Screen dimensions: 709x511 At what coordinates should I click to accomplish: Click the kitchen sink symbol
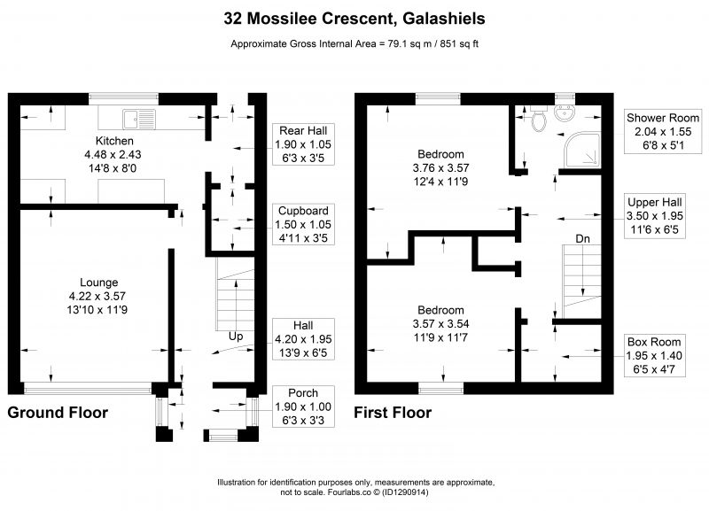coord(139,119)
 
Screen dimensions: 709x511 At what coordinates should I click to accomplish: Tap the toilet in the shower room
coord(538,118)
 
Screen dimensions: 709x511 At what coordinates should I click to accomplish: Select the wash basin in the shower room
coord(565,113)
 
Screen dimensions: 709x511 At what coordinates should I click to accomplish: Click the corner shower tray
coord(582,149)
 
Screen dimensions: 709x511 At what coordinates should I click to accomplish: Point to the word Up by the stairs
coord(236,337)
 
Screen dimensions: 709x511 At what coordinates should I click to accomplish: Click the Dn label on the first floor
coord(582,238)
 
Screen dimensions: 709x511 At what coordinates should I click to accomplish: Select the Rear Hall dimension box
coord(303,144)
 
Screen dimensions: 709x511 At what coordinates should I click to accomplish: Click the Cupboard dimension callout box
coord(303,224)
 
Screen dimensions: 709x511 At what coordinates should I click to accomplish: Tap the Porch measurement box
coord(303,406)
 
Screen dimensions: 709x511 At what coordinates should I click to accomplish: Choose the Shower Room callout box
coord(663,131)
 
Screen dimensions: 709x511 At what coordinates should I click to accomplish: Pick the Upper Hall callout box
coord(655,216)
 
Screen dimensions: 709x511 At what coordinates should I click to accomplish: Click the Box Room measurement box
coord(654,356)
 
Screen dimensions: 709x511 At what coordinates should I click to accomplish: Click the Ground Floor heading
coord(58,413)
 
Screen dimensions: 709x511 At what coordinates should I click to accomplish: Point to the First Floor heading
coord(393,413)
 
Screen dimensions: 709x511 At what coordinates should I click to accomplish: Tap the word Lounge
coord(99,283)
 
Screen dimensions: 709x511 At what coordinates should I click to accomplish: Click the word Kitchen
coord(114,141)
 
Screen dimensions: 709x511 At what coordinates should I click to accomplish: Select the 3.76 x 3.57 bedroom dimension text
coord(440,167)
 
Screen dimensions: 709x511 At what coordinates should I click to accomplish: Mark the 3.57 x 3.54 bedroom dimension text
coord(440,323)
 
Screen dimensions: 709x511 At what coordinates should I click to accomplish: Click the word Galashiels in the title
coord(444,19)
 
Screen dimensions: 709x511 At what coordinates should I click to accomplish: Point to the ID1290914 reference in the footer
coord(405,492)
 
